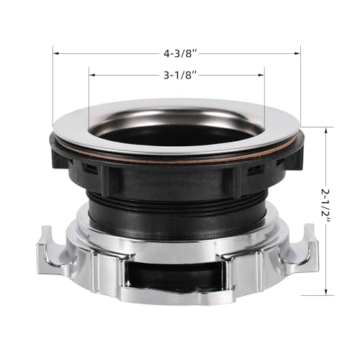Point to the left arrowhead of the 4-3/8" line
coord(56,53)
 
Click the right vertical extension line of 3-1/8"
coord(264,94)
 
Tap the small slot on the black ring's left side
coord(90,169)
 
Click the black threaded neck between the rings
coord(176,205)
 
